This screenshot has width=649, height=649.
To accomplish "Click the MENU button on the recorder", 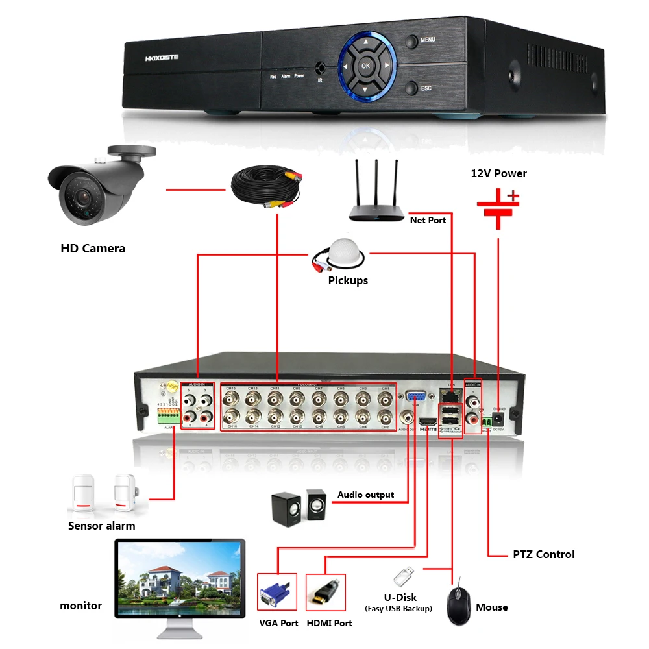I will click(411, 41).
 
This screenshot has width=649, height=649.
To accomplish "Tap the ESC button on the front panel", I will click(411, 88).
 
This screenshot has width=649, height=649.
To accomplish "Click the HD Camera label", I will click(93, 248).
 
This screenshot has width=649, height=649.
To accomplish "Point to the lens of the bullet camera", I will click(77, 195).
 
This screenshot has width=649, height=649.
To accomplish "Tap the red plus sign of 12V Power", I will click(513, 195).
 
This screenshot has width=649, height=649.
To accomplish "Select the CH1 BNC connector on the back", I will click(385, 397).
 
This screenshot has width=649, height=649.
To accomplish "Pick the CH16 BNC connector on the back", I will click(230, 416).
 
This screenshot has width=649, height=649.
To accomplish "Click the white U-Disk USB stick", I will click(402, 575).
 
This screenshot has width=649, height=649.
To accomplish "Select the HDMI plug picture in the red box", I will click(324, 592).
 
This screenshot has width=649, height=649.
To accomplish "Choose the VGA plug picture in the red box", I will click(277, 592).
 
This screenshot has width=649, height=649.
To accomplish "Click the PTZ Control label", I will click(543, 554).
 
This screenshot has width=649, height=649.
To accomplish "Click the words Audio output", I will click(365, 495).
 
